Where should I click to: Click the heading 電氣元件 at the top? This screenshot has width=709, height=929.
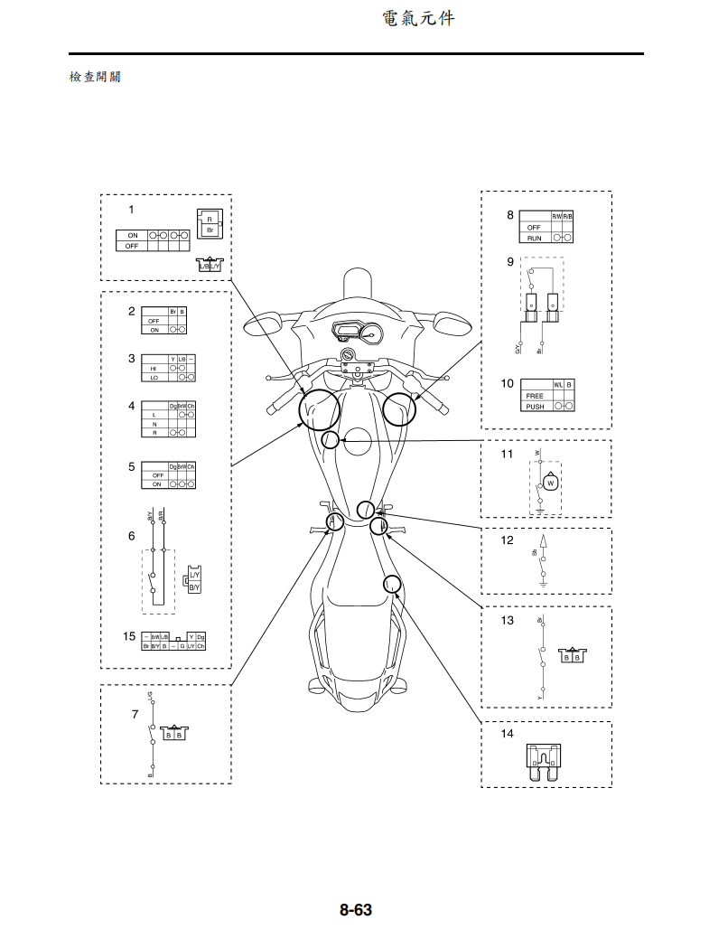click(x=418, y=17)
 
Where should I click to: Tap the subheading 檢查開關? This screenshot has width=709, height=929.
click(x=95, y=77)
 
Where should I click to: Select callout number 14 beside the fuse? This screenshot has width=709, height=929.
click(x=507, y=734)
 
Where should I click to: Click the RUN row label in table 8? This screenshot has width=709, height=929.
click(x=534, y=238)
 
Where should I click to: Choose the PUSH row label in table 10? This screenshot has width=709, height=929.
click(x=535, y=407)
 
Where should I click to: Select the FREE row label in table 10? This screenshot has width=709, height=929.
click(x=534, y=396)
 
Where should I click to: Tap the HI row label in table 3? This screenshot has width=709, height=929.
click(x=154, y=369)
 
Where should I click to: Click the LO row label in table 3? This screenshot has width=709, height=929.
click(x=154, y=379)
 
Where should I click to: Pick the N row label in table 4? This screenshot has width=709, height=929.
click(x=154, y=424)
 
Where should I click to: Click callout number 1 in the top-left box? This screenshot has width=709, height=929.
click(x=131, y=209)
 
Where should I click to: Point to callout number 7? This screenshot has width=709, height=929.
click(x=135, y=714)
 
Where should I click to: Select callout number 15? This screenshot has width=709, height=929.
click(x=130, y=636)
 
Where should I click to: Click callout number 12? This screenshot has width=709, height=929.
click(x=507, y=540)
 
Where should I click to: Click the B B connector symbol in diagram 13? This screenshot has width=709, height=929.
click(x=571, y=655)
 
